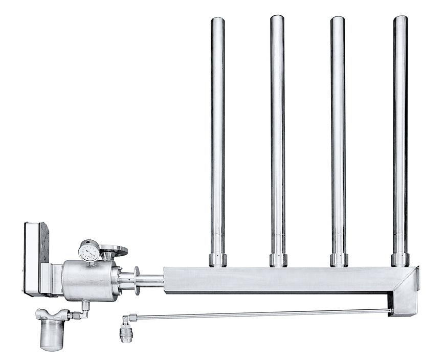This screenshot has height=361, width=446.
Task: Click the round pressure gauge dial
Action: [90, 252]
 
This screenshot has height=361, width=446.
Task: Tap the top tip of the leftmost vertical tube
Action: [217, 19]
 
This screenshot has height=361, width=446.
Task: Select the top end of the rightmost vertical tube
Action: [400, 18]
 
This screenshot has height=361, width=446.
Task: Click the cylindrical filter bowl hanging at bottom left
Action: [52, 335]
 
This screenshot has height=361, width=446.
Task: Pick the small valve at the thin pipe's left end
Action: [126, 334]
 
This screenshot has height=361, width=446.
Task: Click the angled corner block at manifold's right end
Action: [404, 291]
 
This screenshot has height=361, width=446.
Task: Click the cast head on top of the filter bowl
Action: [52, 313]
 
